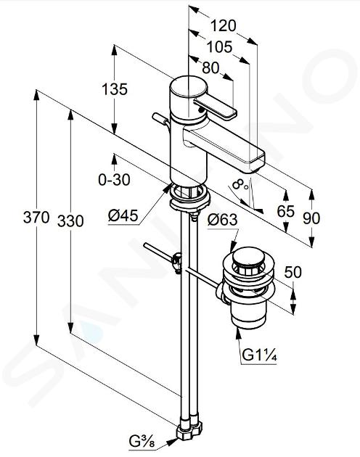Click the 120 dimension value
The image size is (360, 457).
point(223,25)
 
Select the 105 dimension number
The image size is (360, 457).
point(220,47)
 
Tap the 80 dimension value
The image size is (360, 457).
point(210,68)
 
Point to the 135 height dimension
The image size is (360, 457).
point(115,89)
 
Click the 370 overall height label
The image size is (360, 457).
point(36,217)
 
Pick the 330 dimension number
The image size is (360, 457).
point(70,221)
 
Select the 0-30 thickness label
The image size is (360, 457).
point(114,180)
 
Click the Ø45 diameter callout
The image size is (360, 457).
point(123,216)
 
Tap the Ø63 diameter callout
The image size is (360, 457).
point(223,220)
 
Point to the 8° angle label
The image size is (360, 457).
point(240,184)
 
